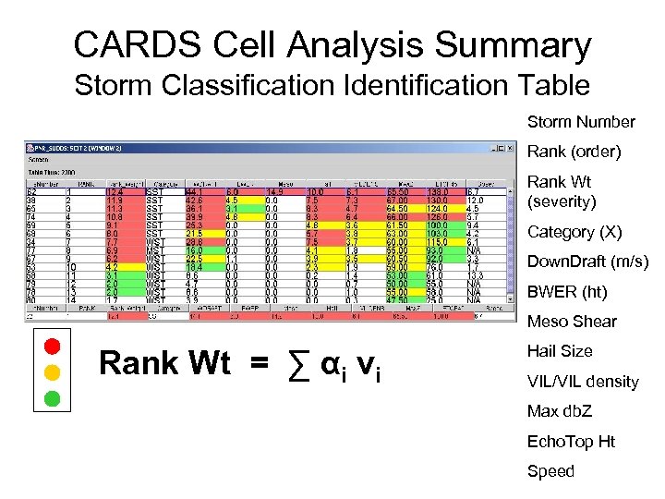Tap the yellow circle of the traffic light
coord(52,372)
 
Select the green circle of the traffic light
coord(52,399)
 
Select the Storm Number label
coord(580,122)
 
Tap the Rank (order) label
coord(574,151)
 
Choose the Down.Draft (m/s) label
coord(587,262)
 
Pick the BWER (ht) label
coord(567,292)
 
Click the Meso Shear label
coord(572,322)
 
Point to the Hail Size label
coord(560,351)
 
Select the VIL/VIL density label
coord(582,382)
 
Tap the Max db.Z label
coord(559,411)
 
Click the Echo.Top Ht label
coord(571,442)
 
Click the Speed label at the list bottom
coord(550,471)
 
